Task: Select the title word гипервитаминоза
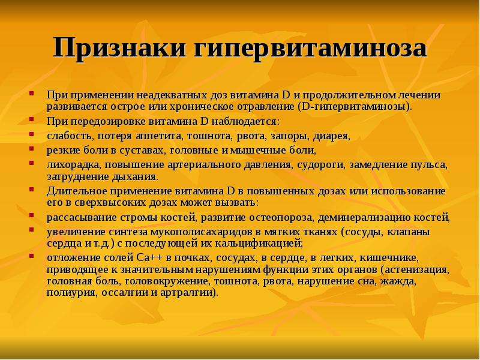310,49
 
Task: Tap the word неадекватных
172,95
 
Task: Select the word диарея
331,136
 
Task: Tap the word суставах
140,151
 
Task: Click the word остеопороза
281,218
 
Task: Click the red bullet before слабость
31,134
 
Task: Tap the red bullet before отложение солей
31,256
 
